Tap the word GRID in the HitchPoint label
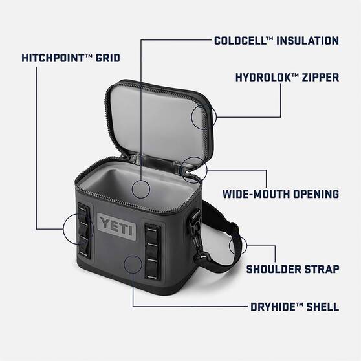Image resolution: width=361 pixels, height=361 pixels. [106, 58]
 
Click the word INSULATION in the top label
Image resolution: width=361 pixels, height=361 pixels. [307, 41]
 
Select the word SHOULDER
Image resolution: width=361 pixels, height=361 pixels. [274, 268]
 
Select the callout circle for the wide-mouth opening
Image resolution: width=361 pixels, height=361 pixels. [193, 168]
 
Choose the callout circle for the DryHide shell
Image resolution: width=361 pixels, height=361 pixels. [133, 265]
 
